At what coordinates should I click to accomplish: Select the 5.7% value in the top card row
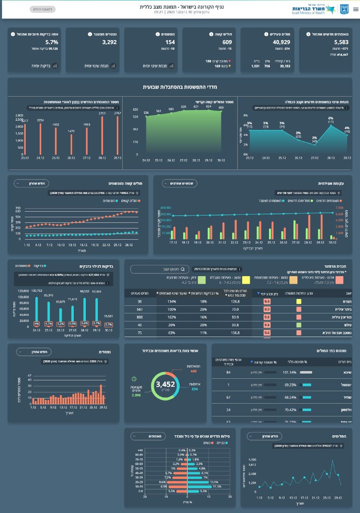tap(52, 42)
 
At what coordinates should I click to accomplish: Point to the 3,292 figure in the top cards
tap(109, 42)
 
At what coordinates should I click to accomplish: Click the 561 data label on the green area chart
tap(159, 111)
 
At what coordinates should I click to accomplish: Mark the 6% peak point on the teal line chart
tap(331, 125)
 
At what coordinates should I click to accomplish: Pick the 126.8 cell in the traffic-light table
tap(235, 301)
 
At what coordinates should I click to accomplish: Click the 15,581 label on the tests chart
tap(109, 316)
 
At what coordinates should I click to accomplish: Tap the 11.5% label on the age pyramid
tap(217, 486)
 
